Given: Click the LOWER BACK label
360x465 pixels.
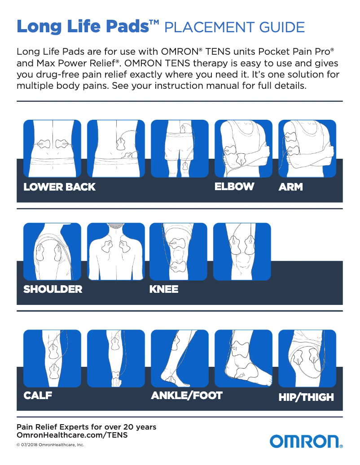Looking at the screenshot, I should coord(59,187).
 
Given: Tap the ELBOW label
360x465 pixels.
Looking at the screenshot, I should coord(234,187).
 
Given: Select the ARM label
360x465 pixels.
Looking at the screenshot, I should coord(290,187).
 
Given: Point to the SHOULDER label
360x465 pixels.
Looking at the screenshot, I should coord(53,289).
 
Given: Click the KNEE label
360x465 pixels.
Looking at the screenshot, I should coord(164,289).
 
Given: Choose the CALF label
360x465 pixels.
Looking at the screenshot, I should coord(38,396).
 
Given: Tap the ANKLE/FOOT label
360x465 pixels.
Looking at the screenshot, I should coord(187,396).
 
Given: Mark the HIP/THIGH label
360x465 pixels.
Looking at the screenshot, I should coord(306,397).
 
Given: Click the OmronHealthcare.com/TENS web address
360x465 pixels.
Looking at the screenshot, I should coord(72,435).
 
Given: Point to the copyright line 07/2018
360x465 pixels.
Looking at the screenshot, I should coord(50,445).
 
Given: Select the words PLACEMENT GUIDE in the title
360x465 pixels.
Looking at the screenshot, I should coord(235,27).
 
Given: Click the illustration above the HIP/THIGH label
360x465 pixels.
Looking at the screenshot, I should coord(307,359).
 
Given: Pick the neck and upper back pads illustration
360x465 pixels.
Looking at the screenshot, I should coord(116,252).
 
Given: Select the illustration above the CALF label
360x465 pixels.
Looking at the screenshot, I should coord(52,359).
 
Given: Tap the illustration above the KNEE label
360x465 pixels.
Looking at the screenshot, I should coord(178,252).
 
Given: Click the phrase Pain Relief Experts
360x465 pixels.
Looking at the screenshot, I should coord(56,427).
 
